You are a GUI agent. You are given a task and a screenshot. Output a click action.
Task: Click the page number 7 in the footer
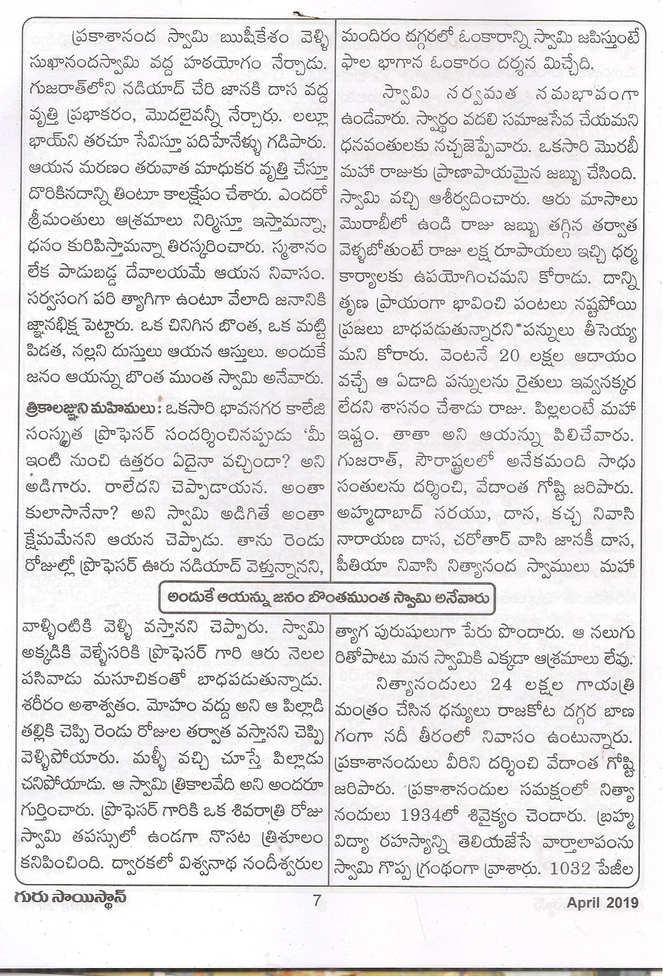pos(315,916)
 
